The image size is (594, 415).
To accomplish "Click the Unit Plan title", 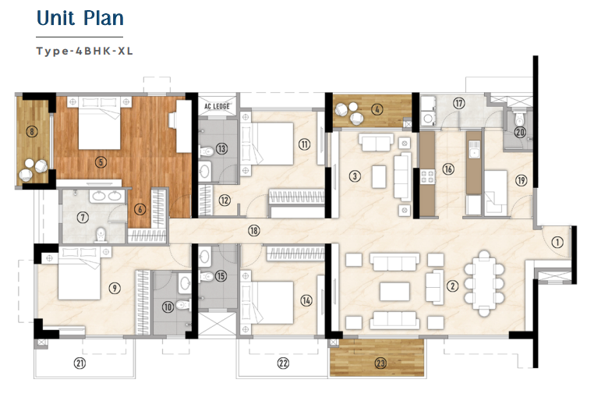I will pyautogui.click(x=80, y=20).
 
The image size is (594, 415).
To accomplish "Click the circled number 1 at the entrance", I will pyautogui.click(x=556, y=243).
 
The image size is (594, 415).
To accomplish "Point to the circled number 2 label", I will pyautogui.click(x=451, y=286).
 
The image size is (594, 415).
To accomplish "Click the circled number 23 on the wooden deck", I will pyautogui.click(x=380, y=362).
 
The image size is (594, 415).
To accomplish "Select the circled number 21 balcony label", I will pyautogui.click(x=79, y=363).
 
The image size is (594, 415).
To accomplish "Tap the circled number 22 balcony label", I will pyautogui.click(x=282, y=363).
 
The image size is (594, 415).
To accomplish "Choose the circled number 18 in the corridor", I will pyautogui.click(x=253, y=230).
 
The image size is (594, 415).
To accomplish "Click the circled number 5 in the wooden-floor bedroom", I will pyautogui.click(x=100, y=162).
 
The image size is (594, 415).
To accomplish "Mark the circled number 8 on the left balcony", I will pyautogui.click(x=31, y=132).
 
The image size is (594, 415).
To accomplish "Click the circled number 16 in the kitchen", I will pyautogui.click(x=447, y=169).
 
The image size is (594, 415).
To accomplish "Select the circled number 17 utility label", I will pyautogui.click(x=459, y=103).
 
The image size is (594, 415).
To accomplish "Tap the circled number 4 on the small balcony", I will pyautogui.click(x=377, y=110).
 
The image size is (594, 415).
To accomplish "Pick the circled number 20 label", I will pyautogui.click(x=519, y=133).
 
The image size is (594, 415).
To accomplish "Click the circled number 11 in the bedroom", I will pyautogui.click(x=304, y=144).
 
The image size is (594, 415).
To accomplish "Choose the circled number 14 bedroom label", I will pyautogui.click(x=305, y=300).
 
